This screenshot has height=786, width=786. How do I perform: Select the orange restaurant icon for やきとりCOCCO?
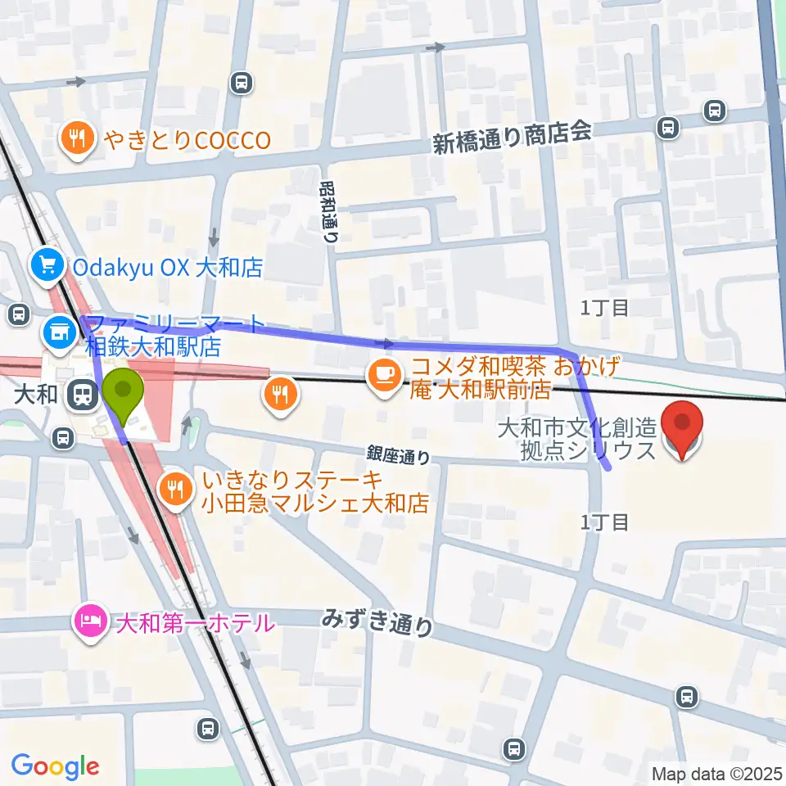tap(78, 140)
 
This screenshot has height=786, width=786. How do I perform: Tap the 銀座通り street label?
tap(397, 453)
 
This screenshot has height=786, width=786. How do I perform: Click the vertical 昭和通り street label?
tap(328, 210)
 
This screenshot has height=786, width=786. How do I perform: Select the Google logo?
tap(55, 766)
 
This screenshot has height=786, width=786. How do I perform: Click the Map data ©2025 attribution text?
tap(716, 773)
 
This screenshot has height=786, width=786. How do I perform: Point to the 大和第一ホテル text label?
tap(195, 624)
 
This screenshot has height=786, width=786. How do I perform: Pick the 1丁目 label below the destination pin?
tap(605, 522)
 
